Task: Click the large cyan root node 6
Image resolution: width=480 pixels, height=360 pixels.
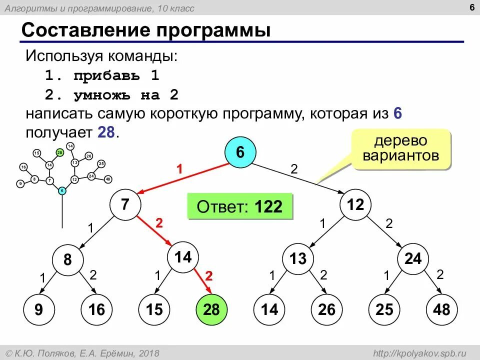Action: (240, 152)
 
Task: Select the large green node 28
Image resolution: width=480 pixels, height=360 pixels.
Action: (211, 309)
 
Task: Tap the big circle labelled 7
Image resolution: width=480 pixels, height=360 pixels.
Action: (125, 204)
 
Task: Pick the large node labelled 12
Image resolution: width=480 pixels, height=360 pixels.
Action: (355, 204)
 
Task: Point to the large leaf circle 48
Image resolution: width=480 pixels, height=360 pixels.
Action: (441, 309)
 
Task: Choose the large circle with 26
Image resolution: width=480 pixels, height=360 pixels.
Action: (326, 309)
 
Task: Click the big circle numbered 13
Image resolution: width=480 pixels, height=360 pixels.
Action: (298, 258)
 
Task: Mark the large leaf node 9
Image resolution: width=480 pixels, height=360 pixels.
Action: (38, 309)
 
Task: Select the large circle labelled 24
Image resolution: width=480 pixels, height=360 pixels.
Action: (413, 258)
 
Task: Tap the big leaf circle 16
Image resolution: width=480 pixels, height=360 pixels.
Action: (96, 309)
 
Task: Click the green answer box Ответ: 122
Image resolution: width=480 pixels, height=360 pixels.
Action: (239, 207)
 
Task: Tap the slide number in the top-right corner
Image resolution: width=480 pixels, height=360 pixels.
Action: (471, 7)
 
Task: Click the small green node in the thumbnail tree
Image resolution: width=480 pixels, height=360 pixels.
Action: (59, 152)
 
